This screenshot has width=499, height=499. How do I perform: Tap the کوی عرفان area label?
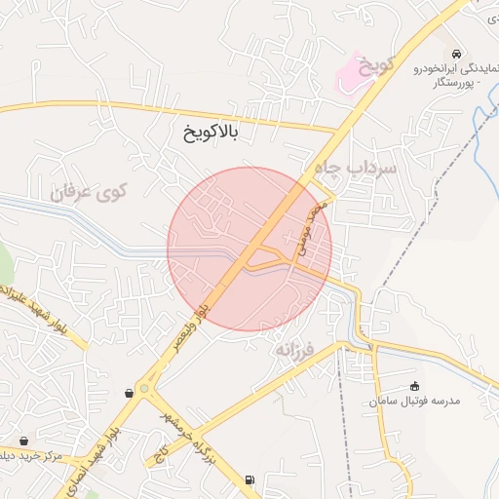click(x=90, y=190)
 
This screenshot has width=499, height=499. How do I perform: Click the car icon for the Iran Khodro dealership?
click(x=458, y=53)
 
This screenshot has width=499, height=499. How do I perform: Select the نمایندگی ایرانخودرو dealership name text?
click(x=456, y=68)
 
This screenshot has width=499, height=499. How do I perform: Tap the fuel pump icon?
click(x=251, y=480)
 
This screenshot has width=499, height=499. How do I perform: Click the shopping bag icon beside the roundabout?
click(x=130, y=393)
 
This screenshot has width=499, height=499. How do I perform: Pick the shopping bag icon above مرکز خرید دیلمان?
click(x=23, y=441)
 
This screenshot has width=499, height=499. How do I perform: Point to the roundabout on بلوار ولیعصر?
click(x=145, y=388)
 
